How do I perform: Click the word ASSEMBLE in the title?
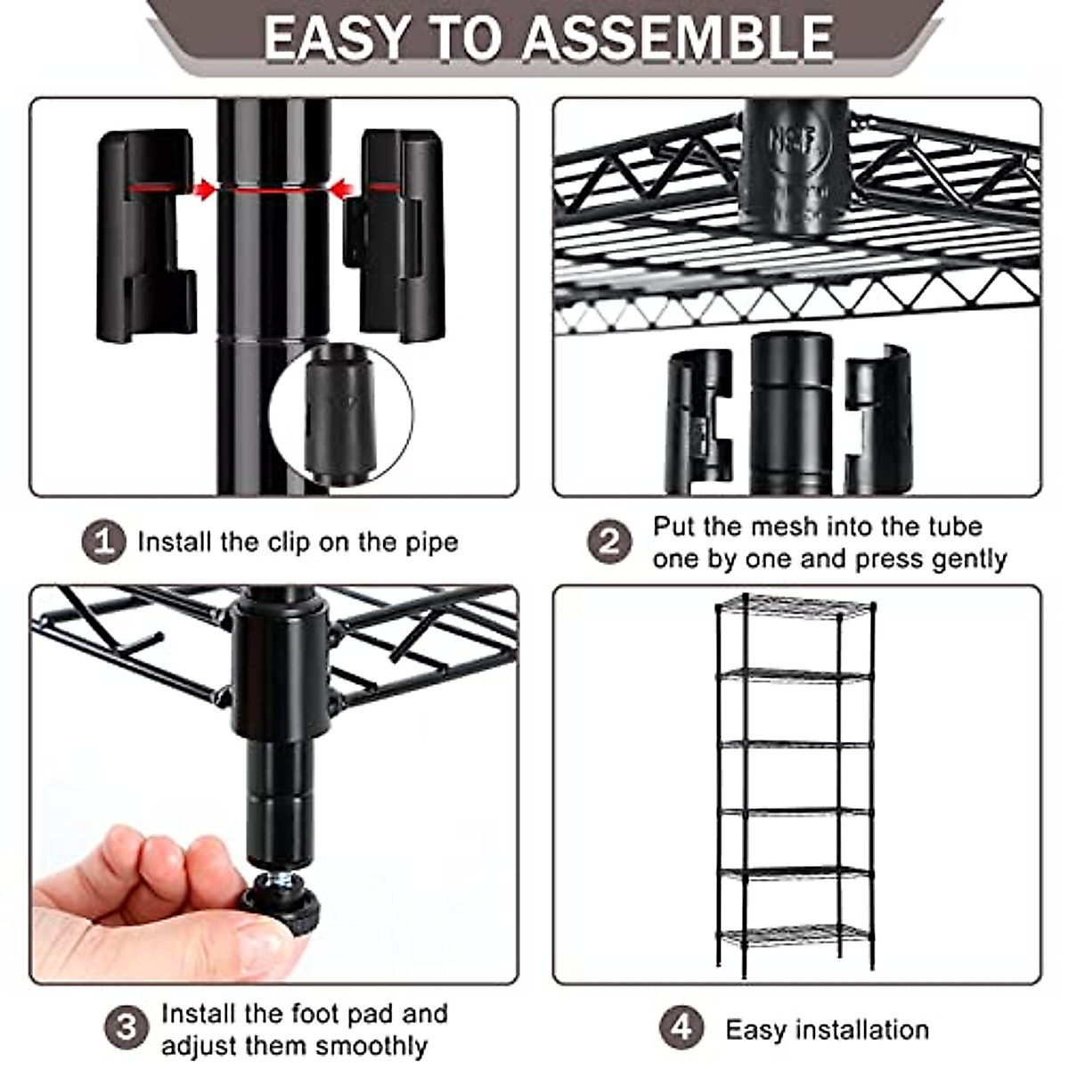(677, 37)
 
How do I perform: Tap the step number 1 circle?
(104, 541)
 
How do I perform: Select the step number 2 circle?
(609, 541)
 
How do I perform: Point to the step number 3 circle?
(126, 1027)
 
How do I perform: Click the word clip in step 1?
(289, 542)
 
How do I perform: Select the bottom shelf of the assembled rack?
(795, 933)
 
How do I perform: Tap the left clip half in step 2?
(699, 421)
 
